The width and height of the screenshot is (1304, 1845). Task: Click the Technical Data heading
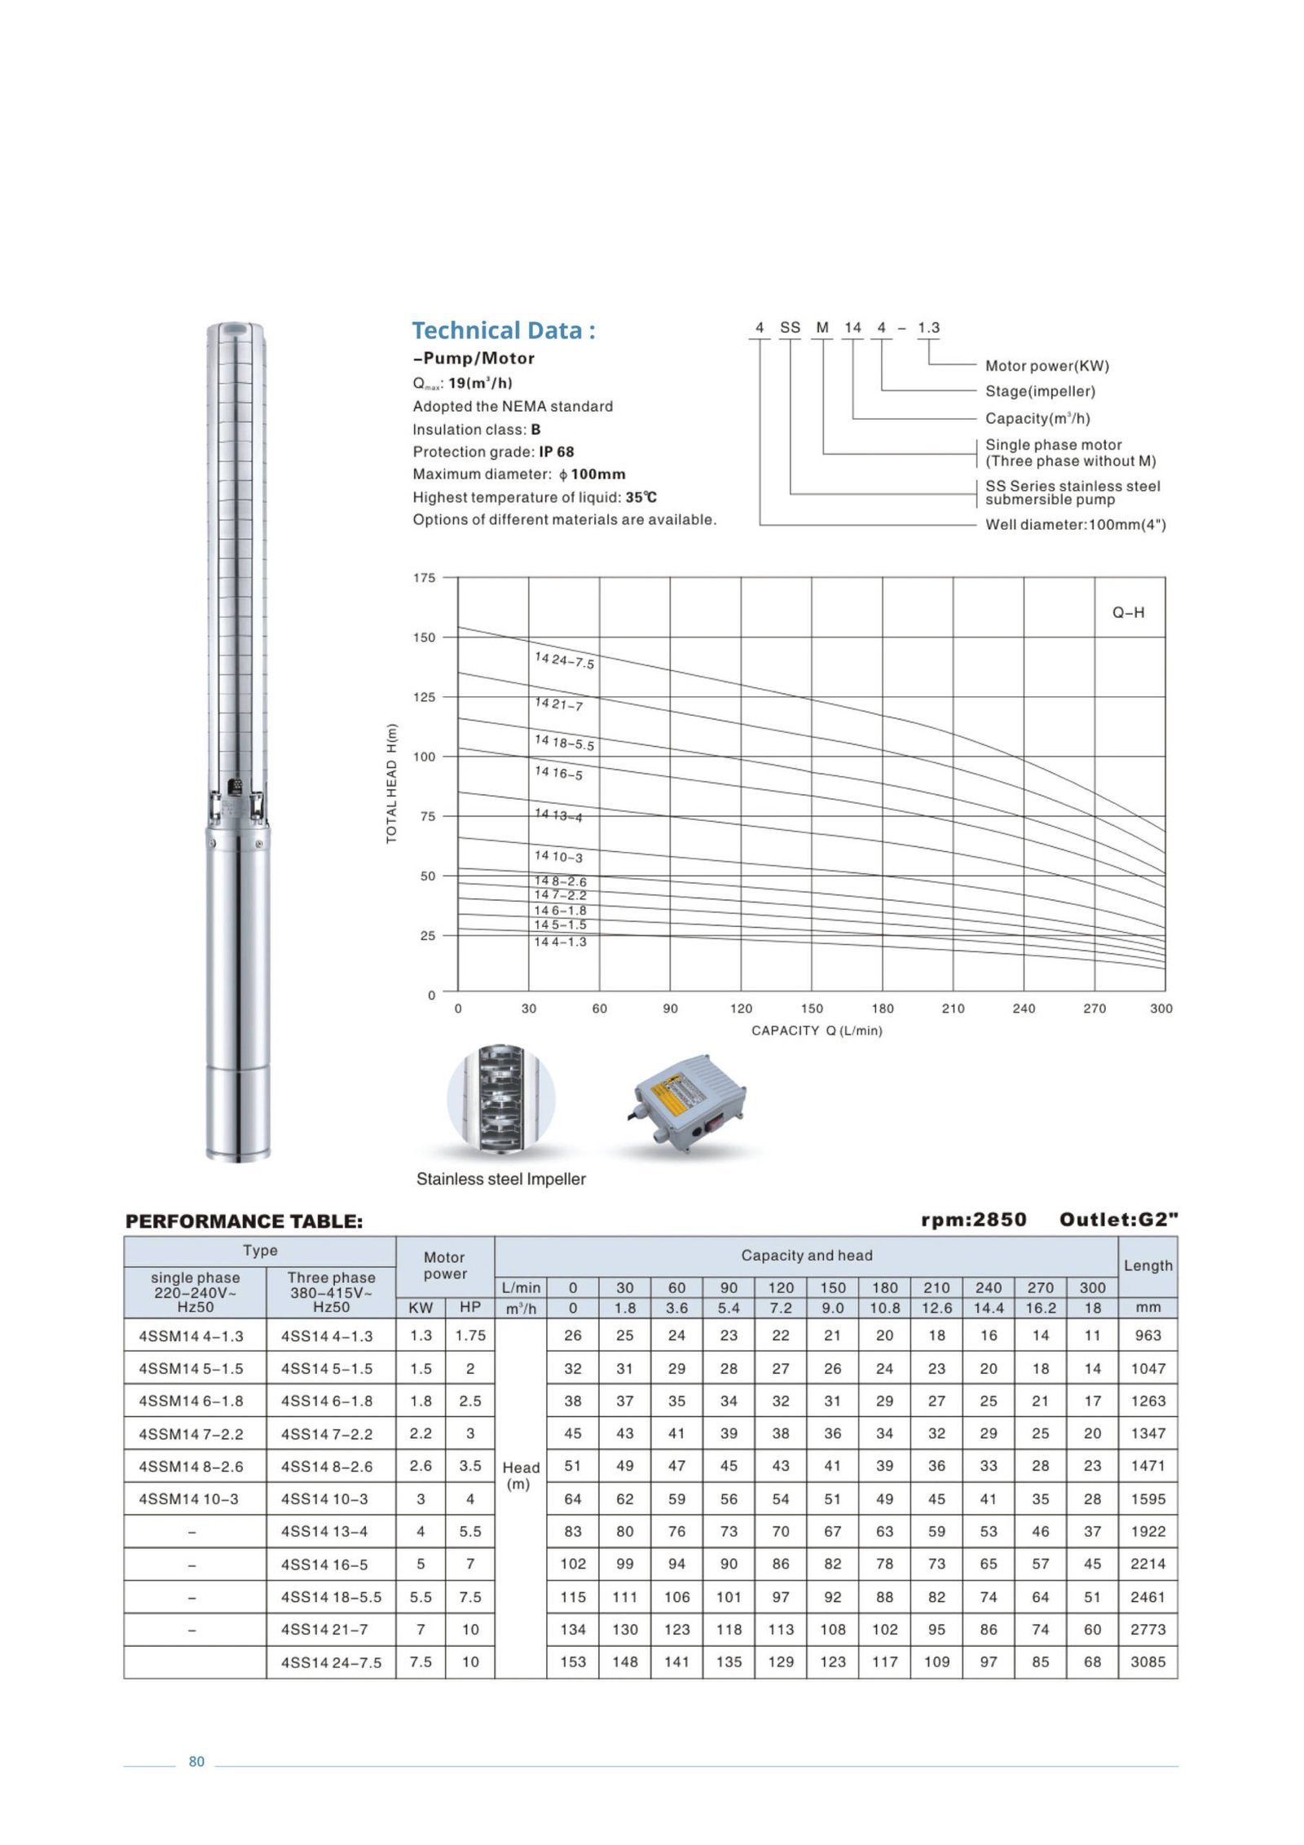[503, 330]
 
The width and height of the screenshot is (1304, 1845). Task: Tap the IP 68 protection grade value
[556, 452]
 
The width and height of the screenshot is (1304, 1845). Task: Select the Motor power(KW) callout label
[1046, 365]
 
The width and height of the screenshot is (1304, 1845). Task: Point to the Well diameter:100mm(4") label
[1075, 524]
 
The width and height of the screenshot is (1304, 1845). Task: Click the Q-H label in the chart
[1128, 612]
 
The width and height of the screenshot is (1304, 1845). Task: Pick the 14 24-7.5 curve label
[564, 660]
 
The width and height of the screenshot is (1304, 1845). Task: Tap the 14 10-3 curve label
[558, 856]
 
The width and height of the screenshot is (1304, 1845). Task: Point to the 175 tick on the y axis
[424, 577]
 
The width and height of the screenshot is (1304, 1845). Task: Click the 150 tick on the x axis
[812, 1009]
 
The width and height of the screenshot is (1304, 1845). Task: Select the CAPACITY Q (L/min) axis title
[817, 1031]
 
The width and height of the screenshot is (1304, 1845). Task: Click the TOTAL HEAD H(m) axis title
[392, 783]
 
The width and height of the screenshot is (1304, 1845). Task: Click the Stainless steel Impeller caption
[500, 1179]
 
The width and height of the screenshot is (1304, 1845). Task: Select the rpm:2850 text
[973, 1220]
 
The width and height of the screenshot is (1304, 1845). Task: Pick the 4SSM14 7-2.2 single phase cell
[191, 1434]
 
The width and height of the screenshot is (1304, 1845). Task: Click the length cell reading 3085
[1148, 1662]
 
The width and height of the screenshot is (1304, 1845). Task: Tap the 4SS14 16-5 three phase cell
[324, 1565]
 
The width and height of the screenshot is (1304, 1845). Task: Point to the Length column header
[1148, 1265]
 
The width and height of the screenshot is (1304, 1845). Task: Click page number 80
[196, 1761]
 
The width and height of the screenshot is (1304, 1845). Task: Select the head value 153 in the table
[572, 1662]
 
